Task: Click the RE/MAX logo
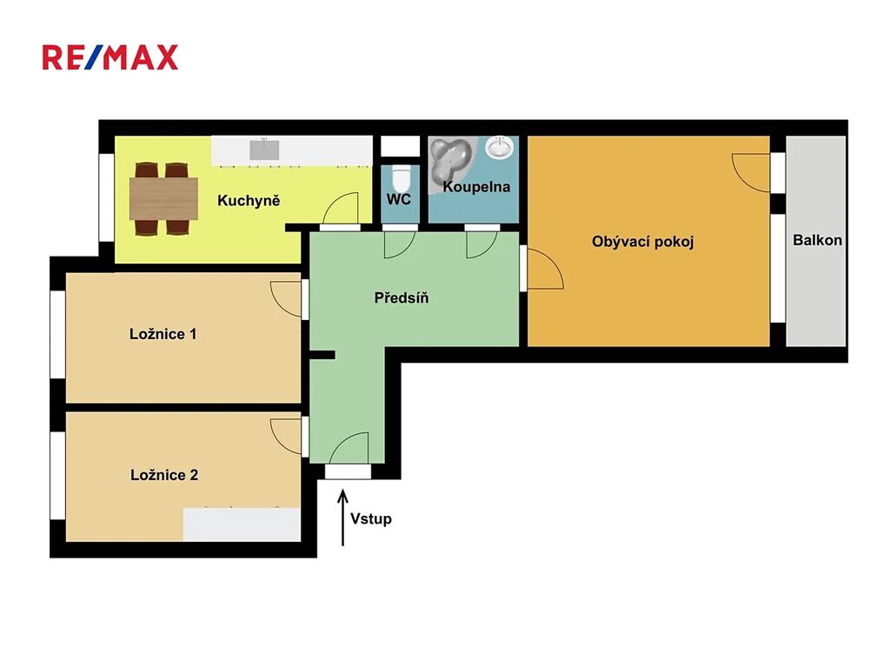click(x=110, y=57)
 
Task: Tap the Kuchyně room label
click(x=249, y=201)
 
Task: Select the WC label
click(x=398, y=199)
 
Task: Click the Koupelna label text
click(x=476, y=187)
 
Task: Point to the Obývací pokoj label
click(x=642, y=242)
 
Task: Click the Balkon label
click(x=817, y=240)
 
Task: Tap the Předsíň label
click(x=402, y=297)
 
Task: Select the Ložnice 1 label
click(x=163, y=334)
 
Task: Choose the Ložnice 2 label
click(x=164, y=475)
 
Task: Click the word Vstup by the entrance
click(x=370, y=518)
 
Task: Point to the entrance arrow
click(x=342, y=518)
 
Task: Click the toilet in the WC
click(x=401, y=177)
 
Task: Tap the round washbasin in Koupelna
click(x=500, y=148)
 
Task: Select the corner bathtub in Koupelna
click(x=451, y=159)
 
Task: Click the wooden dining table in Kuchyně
click(x=163, y=198)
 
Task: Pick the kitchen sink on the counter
click(x=264, y=150)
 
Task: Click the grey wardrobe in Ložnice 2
click(x=242, y=524)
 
